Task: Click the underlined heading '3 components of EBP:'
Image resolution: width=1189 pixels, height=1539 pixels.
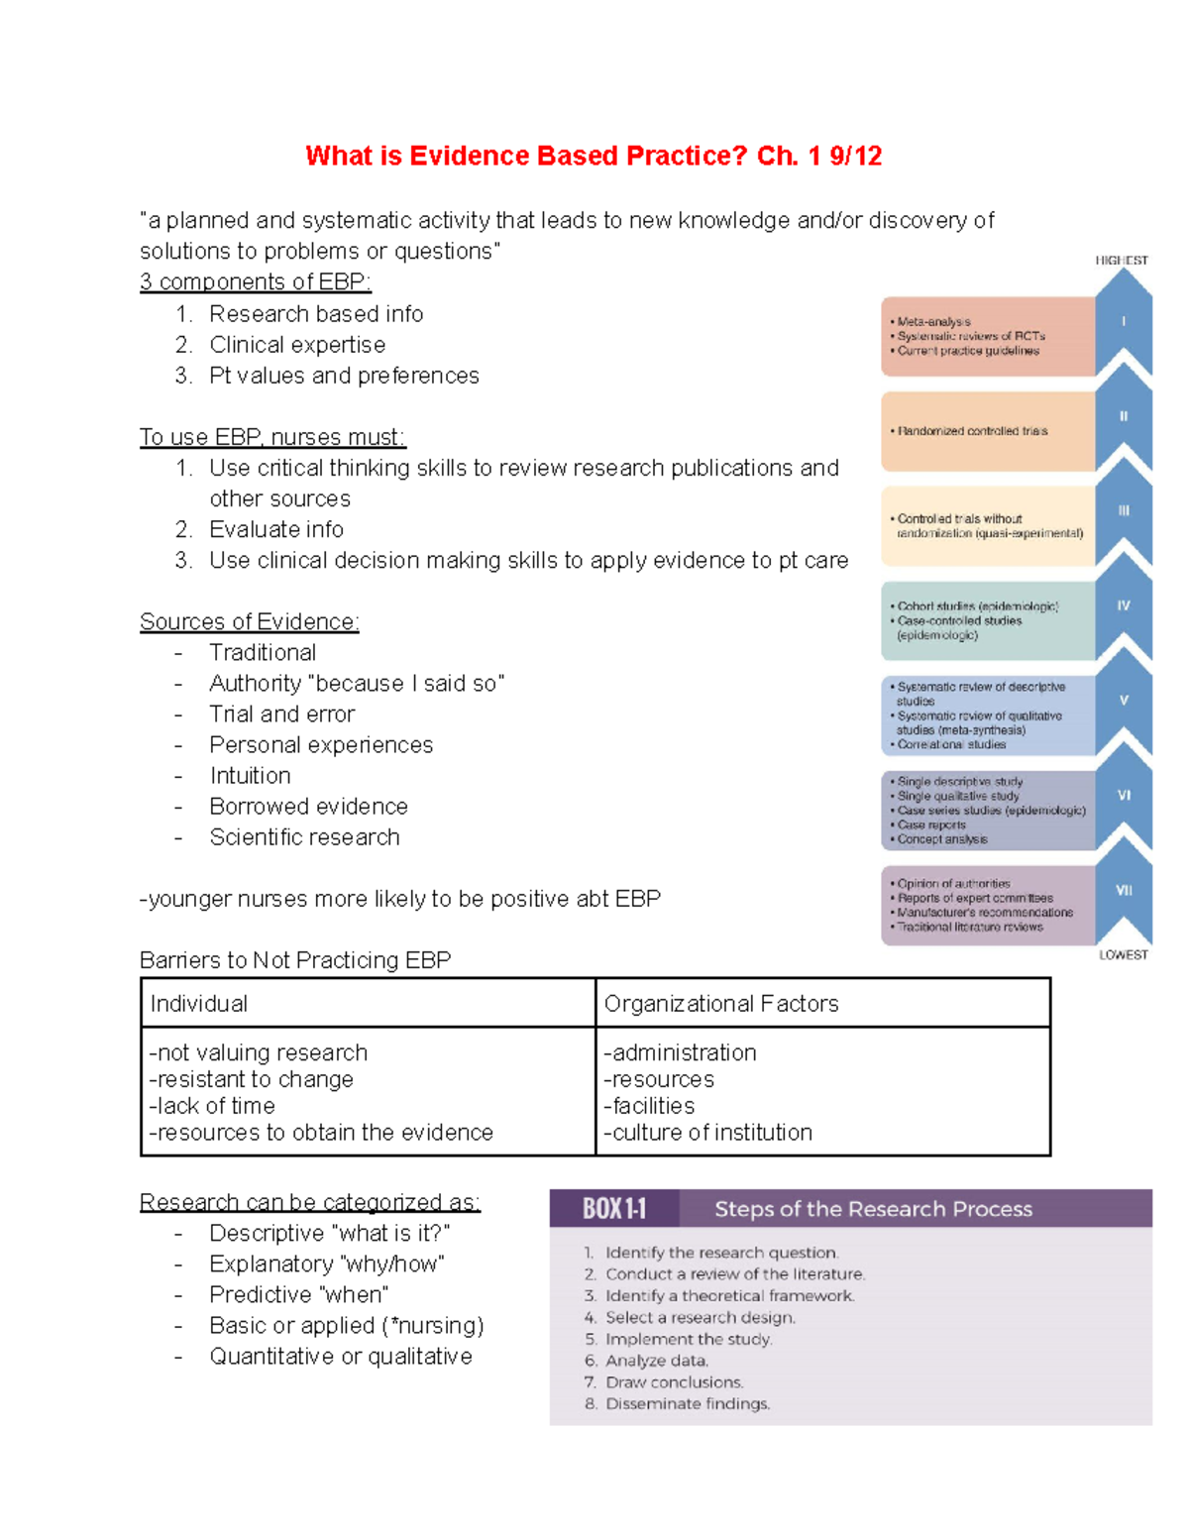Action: [255, 282]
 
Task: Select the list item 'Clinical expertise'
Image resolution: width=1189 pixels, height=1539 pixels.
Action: [297, 345]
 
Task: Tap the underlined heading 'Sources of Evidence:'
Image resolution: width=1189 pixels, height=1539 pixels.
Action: [249, 622]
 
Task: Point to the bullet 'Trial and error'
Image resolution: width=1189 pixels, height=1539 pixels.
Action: [281, 715]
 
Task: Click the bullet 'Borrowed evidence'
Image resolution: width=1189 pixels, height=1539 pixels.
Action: [308, 807]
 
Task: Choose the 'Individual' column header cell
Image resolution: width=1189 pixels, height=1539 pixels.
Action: [199, 1004]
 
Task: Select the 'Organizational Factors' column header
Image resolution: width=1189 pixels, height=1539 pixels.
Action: [720, 1004]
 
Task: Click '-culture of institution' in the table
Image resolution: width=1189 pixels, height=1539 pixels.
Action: [707, 1133]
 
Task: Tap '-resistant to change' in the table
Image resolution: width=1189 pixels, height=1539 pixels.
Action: [252, 1079]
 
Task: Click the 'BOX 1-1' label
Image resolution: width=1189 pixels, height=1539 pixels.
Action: [613, 1209]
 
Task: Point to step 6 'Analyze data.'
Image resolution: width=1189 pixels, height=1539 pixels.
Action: [656, 1361]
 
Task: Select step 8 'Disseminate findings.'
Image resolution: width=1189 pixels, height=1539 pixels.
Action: [687, 1404]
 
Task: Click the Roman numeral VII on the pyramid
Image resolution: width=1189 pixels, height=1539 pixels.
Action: [1124, 890]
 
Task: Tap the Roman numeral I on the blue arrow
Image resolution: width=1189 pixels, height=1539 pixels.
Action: [1124, 321]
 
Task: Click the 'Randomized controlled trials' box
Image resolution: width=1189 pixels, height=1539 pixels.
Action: [971, 431]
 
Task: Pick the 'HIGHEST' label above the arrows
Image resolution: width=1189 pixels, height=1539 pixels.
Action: [1121, 261]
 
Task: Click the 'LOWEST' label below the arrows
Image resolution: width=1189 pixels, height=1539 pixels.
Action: [1123, 955]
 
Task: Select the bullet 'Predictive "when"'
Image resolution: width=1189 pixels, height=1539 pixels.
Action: [298, 1295]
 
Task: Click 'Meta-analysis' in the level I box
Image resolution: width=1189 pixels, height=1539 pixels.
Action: [933, 322]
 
